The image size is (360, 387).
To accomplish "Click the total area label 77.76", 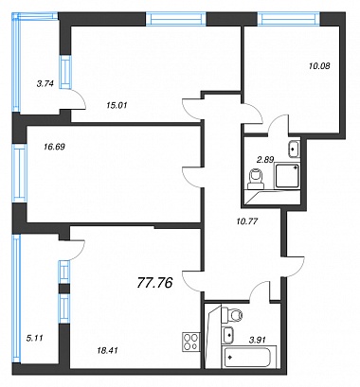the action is (155, 283).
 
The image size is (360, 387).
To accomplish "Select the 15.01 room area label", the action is (117, 105).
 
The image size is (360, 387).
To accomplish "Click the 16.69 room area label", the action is (54, 147).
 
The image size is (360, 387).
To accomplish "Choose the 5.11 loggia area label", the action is (35, 338).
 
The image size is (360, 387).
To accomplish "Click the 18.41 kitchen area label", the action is (107, 350).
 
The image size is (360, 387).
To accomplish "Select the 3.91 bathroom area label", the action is (257, 340).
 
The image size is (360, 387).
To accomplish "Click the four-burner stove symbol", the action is (191, 342).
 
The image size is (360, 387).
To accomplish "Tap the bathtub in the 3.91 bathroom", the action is (246, 357).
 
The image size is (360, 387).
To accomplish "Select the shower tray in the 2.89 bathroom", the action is (287, 175).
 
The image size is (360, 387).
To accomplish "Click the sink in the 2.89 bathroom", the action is (294, 149).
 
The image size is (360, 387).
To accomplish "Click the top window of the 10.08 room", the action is (288, 19).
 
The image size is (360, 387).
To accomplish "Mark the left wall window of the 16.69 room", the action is (20, 173).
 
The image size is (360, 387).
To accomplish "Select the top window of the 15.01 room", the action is (176, 19).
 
